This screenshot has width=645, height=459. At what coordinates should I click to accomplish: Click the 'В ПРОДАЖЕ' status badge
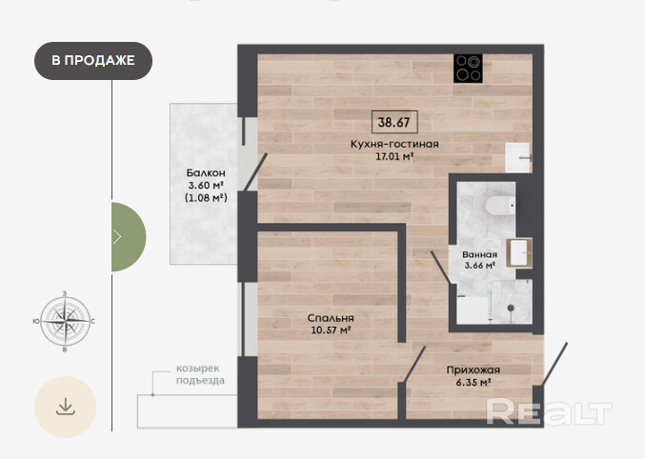click(93, 60)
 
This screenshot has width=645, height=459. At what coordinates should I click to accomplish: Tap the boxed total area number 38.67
click(394, 122)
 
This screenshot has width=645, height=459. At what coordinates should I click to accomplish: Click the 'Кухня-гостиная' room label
click(394, 144)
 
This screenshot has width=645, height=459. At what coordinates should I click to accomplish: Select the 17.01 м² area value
click(394, 156)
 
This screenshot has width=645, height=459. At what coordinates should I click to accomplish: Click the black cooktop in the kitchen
click(468, 69)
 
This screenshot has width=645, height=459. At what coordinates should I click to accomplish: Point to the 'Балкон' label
click(206, 172)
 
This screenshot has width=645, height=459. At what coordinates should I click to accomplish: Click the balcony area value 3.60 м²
click(206, 185)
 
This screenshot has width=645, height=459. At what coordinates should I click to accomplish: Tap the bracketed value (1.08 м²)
click(206, 197)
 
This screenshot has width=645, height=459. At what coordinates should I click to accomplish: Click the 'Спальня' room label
click(331, 318)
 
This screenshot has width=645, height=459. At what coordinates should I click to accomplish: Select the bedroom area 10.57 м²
click(331, 329)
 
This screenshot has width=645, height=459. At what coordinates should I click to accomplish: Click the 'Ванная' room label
click(479, 254)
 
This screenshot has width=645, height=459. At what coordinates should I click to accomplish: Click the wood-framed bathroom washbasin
click(519, 252)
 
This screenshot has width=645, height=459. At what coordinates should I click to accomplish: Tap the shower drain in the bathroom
click(511, 308)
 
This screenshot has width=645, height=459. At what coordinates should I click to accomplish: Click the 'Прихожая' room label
click(474, 369)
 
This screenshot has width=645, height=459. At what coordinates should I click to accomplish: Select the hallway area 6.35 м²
click(474, 382)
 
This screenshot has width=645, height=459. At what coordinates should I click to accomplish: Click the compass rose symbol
click(65, 321)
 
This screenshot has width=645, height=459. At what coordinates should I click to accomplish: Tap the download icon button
click(65, 408)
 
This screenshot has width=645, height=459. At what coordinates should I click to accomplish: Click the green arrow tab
click(129, 237)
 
